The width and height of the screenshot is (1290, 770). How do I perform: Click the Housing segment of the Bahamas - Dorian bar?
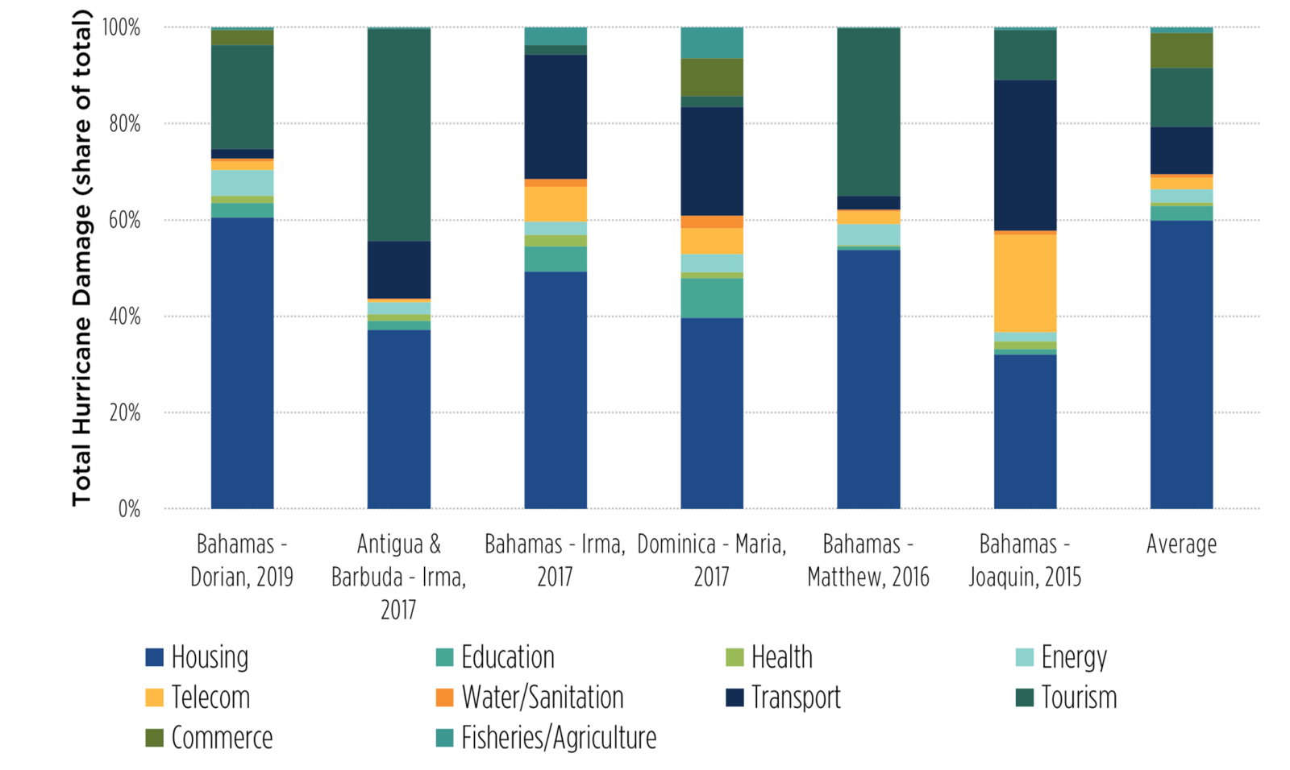point(242,362)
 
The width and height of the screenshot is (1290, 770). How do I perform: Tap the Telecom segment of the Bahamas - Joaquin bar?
point(1025,283)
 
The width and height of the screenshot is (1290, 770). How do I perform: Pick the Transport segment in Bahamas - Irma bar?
point(556,117)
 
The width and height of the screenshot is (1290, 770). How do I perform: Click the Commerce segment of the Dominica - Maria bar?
point(712,77)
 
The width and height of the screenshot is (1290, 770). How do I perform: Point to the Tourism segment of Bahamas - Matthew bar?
point(868,112)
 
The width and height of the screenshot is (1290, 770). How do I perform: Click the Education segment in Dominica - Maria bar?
point(712,298)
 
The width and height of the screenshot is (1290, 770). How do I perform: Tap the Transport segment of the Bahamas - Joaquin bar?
point(1025,155)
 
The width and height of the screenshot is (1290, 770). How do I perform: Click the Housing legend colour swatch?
point(155,657)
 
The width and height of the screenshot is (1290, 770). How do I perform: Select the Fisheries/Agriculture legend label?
point(558,738)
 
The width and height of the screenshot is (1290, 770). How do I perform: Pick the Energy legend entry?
point(1073,657)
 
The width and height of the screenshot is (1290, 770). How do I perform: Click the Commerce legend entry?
point(222,738)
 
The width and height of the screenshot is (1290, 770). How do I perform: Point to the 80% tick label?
point(122,124)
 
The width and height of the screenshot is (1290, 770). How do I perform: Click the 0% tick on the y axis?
point(129,509)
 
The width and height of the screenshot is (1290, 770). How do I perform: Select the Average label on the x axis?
point(1181,544)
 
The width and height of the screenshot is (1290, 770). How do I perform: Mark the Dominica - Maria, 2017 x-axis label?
point(712,561)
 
